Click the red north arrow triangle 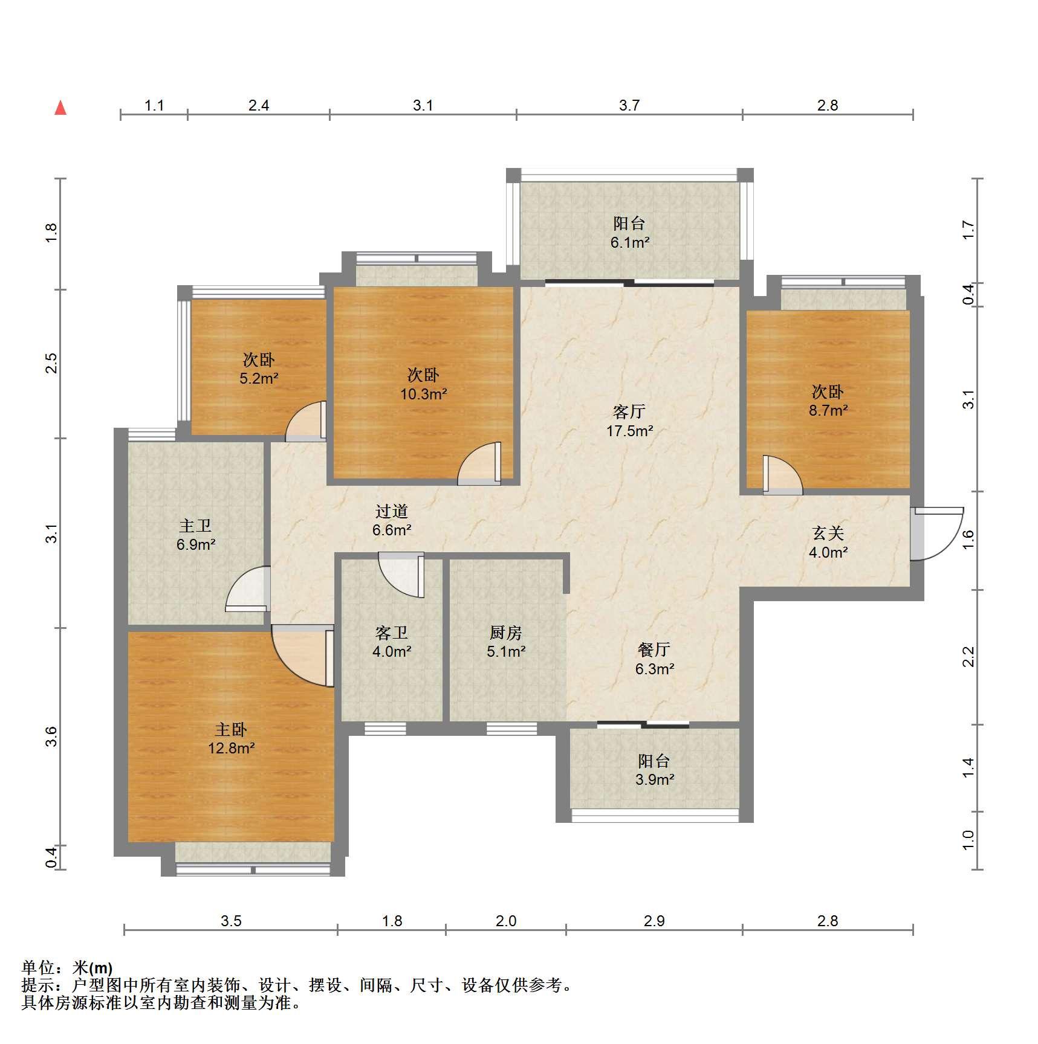pos(60,108)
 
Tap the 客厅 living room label pos(629,412)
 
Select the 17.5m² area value pos(629,431)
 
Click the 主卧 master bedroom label pos(231,729)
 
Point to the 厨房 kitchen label pos(505,633)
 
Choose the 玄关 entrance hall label pos(828,533)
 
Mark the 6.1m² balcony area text pos(629,243)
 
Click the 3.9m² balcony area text pos(655,779)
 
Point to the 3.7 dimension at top pos(629,106)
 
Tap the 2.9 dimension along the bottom pos(654,921)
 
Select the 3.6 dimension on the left pos(51,736)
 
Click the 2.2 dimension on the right pos(968,657)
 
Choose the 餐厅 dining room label pos(654,649)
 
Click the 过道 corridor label pos(392,511)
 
